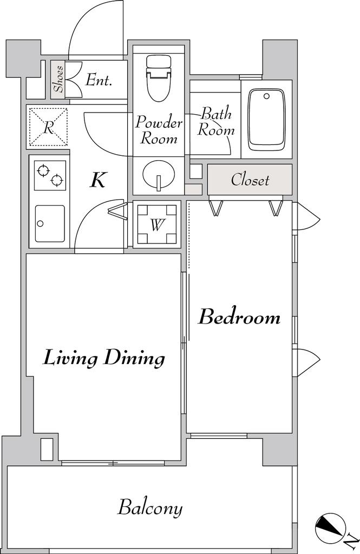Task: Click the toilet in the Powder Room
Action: [x=158, y=79]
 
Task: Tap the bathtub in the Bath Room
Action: [x=267, y=120]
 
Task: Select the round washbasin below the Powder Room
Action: [x=159, y=175]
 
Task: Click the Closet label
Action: [x=250, y=180]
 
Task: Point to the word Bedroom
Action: [x=239, y=316]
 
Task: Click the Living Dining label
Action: [x=104, y=358]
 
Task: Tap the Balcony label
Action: [x=150, y=507]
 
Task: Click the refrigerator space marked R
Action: [x=48, y=127]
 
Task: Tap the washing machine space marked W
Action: [x=156, y=225]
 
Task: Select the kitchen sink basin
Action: [x=50, y=223]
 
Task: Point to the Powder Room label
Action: [x=159, y=130]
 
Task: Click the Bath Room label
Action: [x=215, y=121]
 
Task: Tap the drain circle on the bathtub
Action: [x=267, y=96]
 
